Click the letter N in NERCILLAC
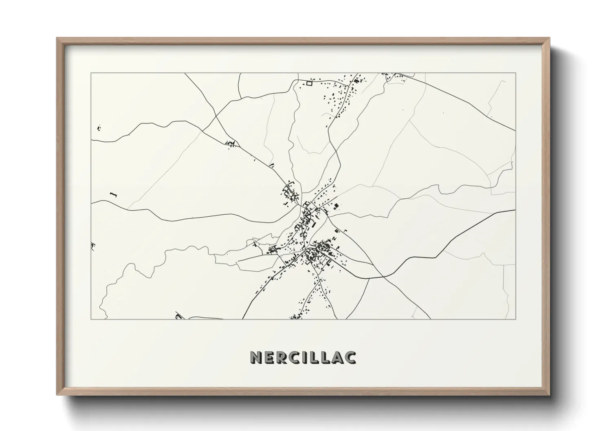pos(255,357)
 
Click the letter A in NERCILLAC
pos(338,357)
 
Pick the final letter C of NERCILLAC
pos(351,357)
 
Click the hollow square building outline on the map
pos(309,84)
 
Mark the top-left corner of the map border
pos(91,73)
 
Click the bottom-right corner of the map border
pos(515,319)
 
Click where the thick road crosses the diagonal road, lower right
pos(384,277)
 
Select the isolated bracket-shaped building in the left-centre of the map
pos(113,195)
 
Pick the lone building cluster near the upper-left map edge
pos(99,128)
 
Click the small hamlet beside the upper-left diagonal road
pos(231,143)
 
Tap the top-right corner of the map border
pos(515,73)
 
